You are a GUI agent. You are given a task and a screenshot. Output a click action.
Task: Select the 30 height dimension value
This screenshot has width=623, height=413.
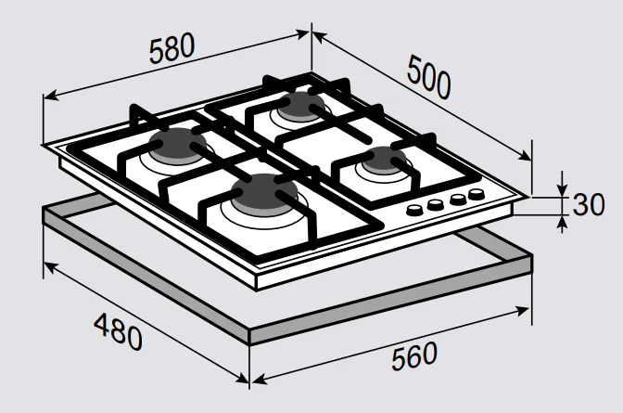click(x=589, y=203)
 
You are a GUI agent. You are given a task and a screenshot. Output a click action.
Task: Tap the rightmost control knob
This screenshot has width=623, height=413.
click(x=477, y=195)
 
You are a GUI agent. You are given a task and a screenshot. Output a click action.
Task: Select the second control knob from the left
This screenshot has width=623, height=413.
click(x=435, y=204)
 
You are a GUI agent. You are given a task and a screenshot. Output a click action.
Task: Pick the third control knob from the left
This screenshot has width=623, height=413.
click(x=456, y=200)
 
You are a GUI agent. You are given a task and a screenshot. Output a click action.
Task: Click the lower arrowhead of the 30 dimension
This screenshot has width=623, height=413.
click(x=562, y=219)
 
